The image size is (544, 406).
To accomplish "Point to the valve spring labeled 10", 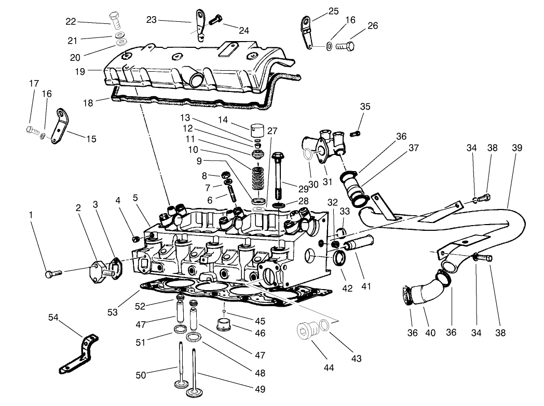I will click(258, 179).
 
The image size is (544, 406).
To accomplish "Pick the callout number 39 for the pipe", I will click(516, 148).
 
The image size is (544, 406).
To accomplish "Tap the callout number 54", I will click(53, 318).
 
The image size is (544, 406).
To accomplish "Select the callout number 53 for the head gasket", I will click(112, 312).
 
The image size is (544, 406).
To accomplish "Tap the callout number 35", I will click(365, 107).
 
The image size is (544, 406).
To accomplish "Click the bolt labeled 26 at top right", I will click(344, 46).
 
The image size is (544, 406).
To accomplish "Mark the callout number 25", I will click(333, 11).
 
